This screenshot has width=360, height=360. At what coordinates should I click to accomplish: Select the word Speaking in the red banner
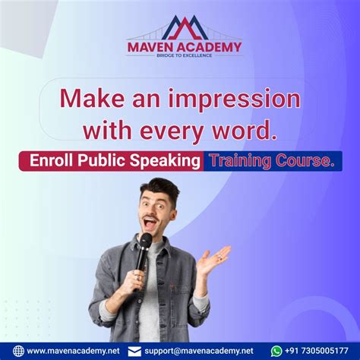point(172,161)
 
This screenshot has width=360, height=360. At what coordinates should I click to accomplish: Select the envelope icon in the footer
point(134,351)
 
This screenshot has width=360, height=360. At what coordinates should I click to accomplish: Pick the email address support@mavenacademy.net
point(200,351)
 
